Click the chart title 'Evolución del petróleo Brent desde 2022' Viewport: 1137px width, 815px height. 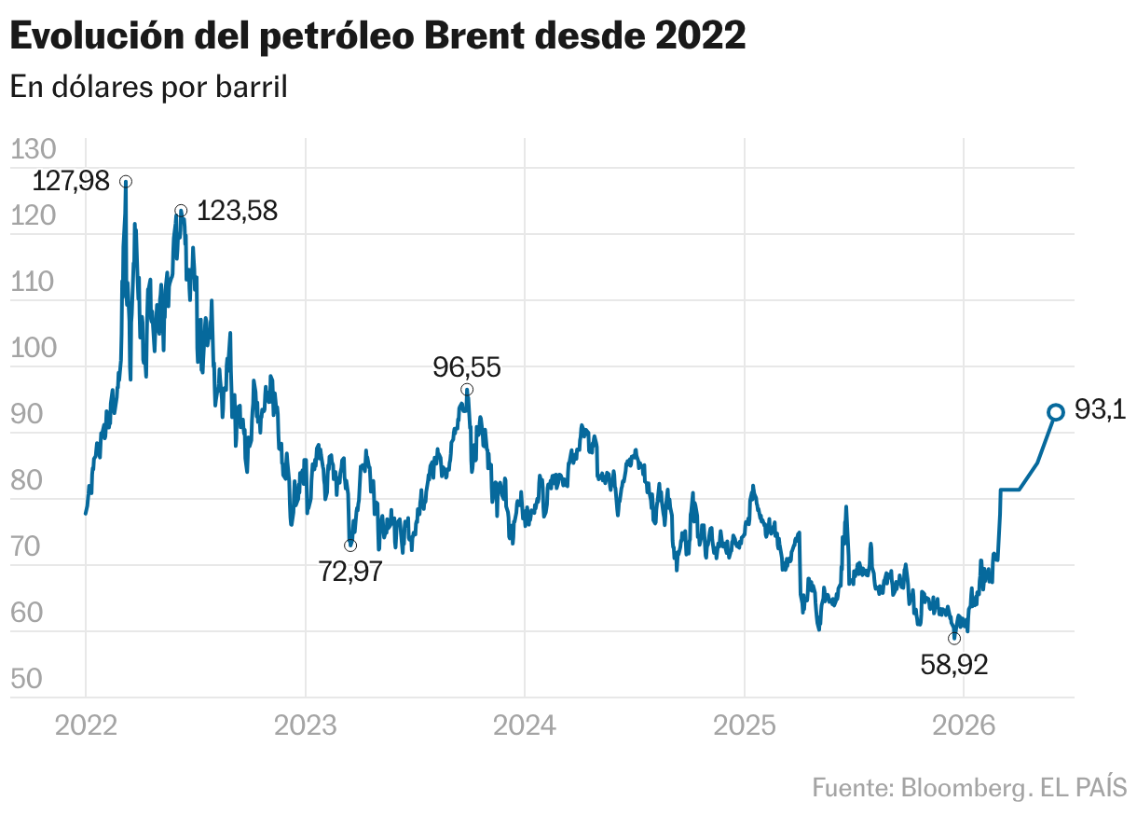pos(377,36)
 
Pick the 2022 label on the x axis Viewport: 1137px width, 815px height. pos(86,725)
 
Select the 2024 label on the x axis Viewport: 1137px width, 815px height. pos(524,725)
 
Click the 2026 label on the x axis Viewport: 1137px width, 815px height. pos(963,725)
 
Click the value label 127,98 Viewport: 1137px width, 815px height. pos(71,181)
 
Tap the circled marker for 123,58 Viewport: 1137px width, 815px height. pos(181,211)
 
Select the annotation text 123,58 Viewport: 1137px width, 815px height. pos(237,212)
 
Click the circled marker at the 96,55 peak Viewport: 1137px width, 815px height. pos(467,389)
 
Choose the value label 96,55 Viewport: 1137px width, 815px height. pos(467,367)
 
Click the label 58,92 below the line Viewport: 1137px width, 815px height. pos(953,665)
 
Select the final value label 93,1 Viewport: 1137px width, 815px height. pos(1101,410)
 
